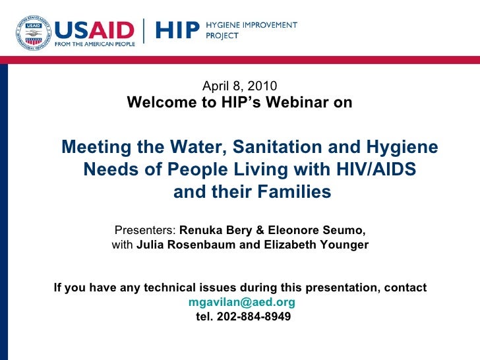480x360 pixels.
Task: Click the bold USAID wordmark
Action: click(94, 30)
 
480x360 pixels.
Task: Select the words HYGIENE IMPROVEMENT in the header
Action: click(253, 25)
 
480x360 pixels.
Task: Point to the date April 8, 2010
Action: click(239, 86)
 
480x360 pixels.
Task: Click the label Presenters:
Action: click(146, 230)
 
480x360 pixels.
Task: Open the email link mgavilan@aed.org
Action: click(241, 303)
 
